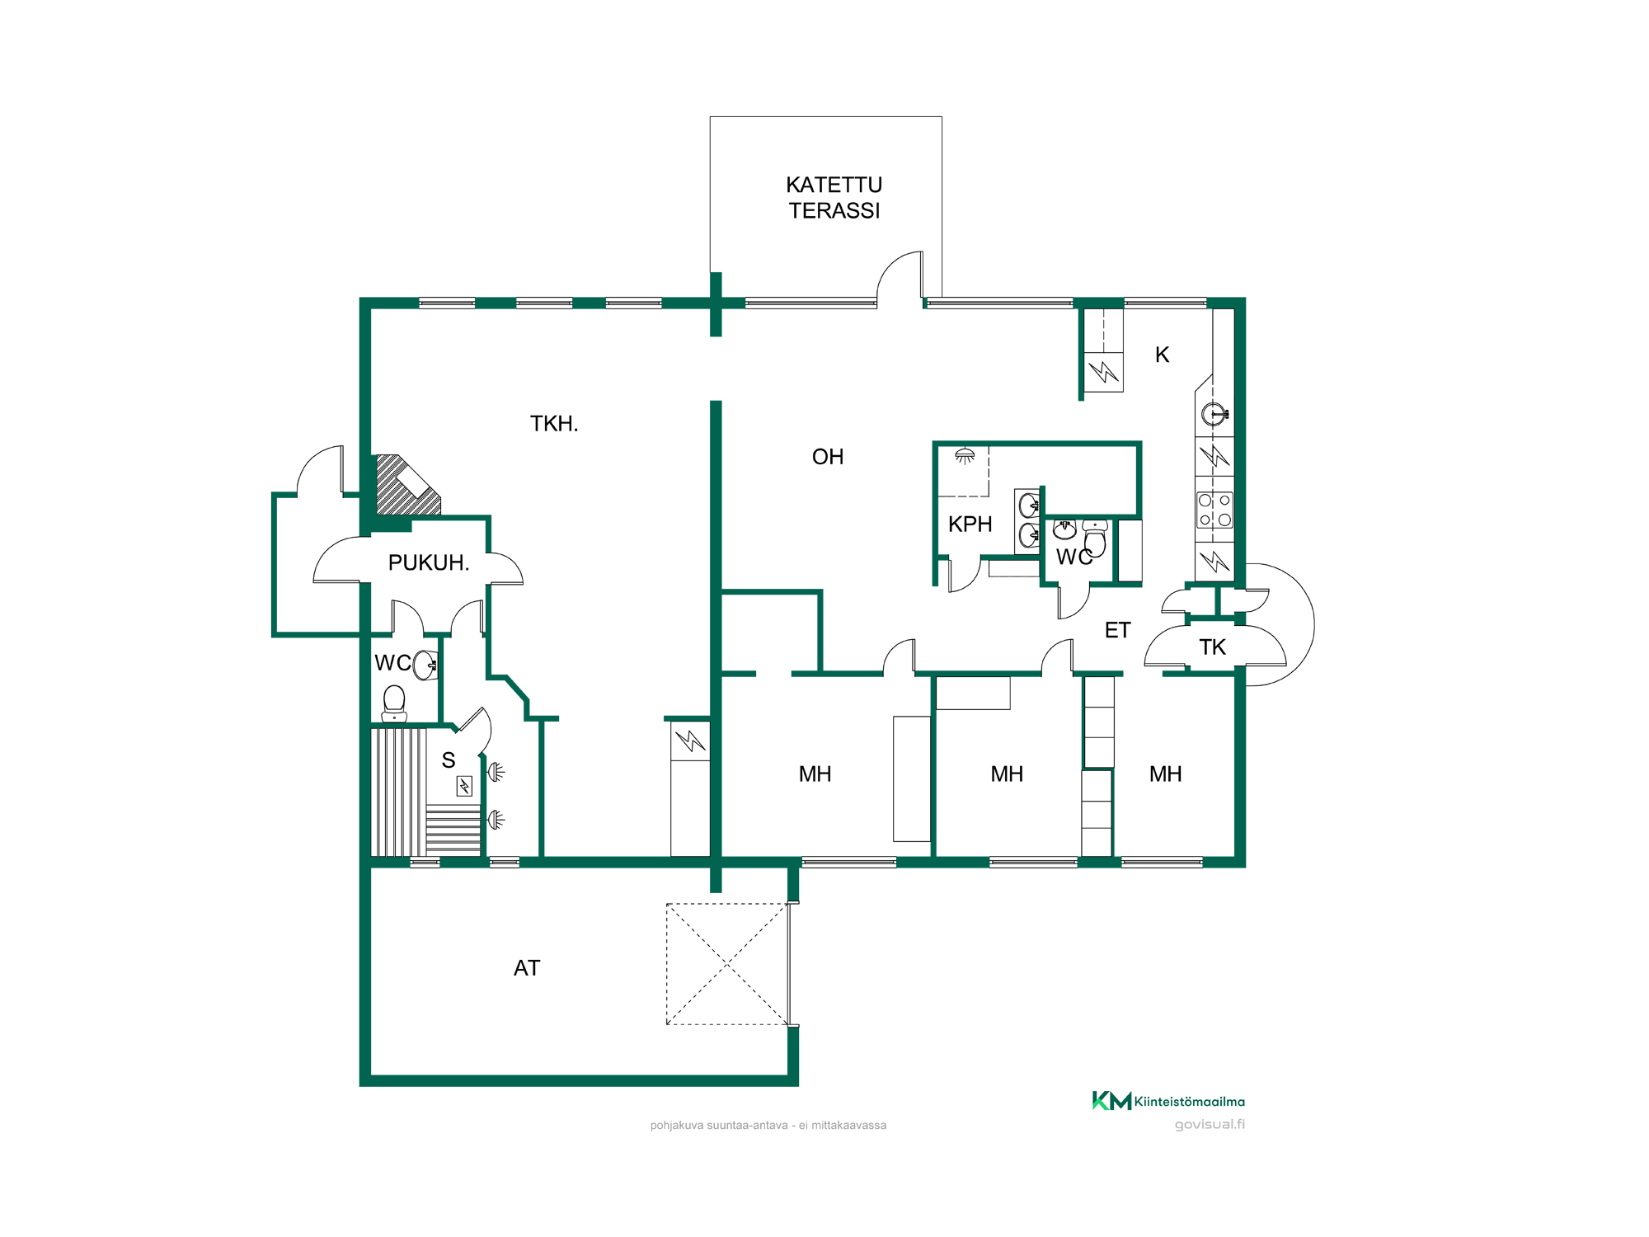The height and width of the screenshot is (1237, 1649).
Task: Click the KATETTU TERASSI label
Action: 834,198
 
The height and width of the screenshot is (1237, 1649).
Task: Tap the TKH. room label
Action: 554,424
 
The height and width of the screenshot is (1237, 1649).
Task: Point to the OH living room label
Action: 828,457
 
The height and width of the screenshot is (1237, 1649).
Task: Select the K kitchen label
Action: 1163,355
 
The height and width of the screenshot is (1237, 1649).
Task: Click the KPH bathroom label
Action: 970,524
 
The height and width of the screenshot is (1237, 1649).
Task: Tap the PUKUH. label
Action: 429,562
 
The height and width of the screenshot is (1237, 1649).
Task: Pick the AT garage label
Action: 527,968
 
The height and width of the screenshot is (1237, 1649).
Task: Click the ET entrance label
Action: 1117,631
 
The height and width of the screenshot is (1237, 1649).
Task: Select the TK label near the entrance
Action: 1213,647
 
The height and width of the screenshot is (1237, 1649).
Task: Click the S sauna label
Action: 449,760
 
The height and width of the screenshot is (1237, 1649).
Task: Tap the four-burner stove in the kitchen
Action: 1214,510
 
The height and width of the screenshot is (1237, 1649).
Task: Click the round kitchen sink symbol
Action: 1214,413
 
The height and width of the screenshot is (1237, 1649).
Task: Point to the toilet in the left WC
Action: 394,703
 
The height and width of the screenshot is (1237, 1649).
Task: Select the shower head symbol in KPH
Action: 965,456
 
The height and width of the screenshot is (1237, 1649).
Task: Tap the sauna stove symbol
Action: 464,786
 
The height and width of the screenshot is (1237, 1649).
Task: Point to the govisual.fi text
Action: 1210,1125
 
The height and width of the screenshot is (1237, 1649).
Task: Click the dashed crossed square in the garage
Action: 727,964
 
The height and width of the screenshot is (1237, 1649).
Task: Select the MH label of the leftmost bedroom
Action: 815,774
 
